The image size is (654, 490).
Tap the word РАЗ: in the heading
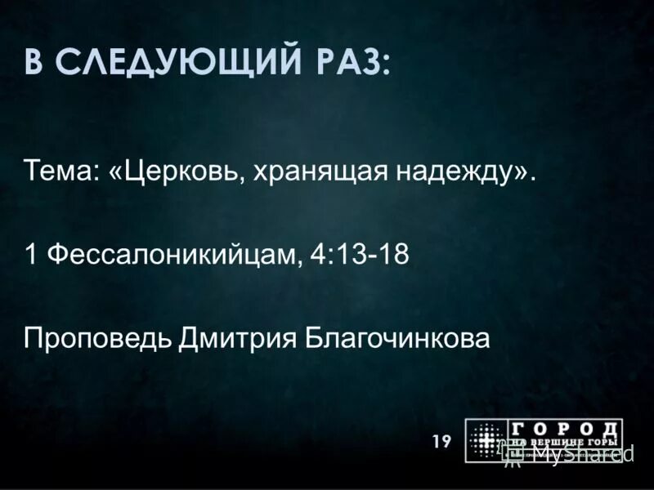[348, 63]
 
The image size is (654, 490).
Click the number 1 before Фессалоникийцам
[31, 255]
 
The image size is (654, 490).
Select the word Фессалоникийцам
[173, 256]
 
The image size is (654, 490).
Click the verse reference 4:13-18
[360, 255]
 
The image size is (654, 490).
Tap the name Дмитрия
[238, 337]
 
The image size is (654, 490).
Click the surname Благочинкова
[397, 336]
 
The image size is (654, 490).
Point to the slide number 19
[441, 442]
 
